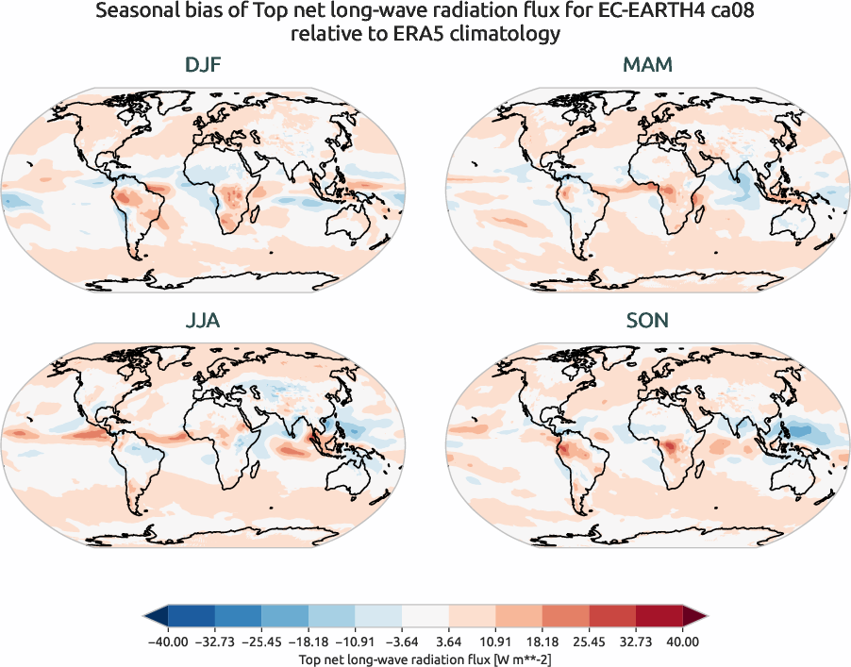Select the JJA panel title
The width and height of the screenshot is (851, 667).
tap(203, 321)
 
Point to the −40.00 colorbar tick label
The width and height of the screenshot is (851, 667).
tap(167, 642)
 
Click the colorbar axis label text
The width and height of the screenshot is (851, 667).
tap(425, 657)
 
